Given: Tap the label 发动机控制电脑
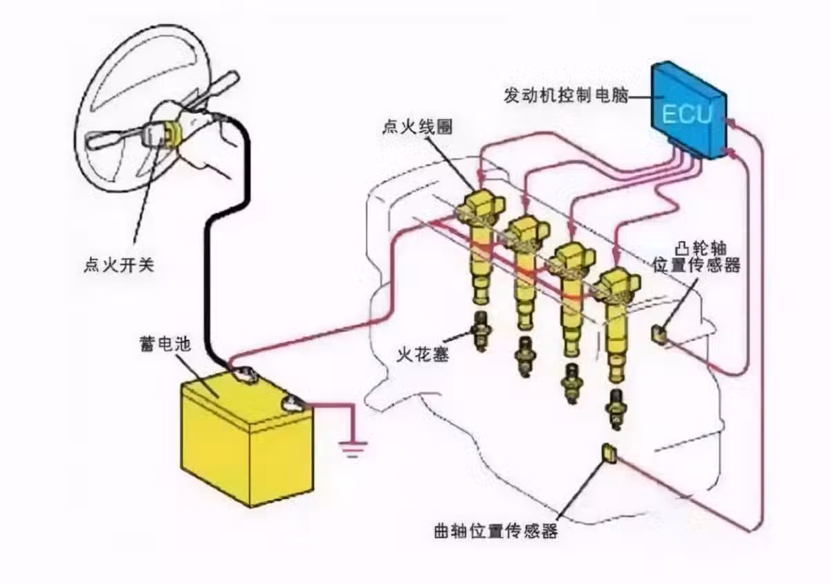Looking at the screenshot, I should pos(566,95).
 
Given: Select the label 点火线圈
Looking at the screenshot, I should pos(417,128).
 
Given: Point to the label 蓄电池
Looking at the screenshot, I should pos(163,343).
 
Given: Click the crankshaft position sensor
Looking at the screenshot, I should pos(609,453).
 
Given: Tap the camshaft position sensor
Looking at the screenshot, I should pos(659,334).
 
